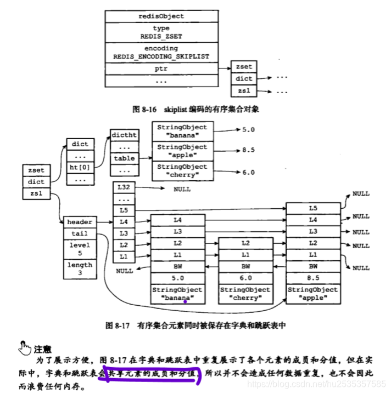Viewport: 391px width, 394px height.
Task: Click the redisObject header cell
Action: pyautogui.click(x=161, y=16)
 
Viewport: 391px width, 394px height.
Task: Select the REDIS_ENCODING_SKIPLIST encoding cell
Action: pyautogui.click(x=161, y=52)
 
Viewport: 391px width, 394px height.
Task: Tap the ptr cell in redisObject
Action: pyautogui.click(x=161, y=69)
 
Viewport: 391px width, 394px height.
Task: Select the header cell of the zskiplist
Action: pyautogui.click(x=80, y=222)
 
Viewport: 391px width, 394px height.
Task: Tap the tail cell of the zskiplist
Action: pyautogui.click(x=80, y=234)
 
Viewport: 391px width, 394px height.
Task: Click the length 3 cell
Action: pyautogui.click(x=80, y=269)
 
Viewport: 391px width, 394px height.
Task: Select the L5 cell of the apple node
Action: pyautogui.click(x=312, y=208)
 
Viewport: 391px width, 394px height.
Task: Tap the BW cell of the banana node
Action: pyautogui.click(x=177, y=267)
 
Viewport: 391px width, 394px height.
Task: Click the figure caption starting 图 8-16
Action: pyautogui.click(x=195, y=109)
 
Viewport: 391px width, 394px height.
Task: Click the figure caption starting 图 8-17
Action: pyautogui.click(x=195, y=326)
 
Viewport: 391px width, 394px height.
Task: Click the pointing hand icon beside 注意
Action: pyautogui.click(x=24, y=347)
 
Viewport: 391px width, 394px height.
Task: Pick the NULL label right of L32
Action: pyautogui.click(x=182, y=189)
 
